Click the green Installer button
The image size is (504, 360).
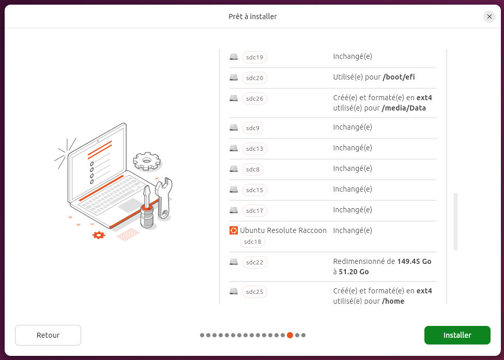[x=457, y=335]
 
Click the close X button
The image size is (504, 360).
[x=489, y=17]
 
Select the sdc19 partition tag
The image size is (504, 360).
[x=254, y=57]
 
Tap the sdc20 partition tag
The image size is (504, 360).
[x=254, y=77]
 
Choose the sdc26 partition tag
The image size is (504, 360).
[x=254, y=99]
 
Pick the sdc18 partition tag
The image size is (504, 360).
[x=252, y=242]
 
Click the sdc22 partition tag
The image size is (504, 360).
[x=254, y=262]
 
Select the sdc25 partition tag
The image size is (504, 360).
[x=254, y=292]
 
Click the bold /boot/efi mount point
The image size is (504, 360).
[x=399, y=77]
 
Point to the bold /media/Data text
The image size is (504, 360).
[x=404, y=108]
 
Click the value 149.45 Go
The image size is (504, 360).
[x=415, y=261]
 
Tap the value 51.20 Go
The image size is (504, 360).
[x=354, y=272]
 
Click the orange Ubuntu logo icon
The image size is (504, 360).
[x=234, y=230]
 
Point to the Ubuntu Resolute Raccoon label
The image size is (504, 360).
[x=283, y=230]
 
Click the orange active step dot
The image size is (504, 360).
[x=290, y=335]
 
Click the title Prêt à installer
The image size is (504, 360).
[x=253, y=17]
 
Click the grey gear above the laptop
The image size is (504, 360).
[x=147, y=161]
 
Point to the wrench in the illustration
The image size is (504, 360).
[x=164, y=198]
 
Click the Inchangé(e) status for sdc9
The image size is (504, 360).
[x=353, y=127]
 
